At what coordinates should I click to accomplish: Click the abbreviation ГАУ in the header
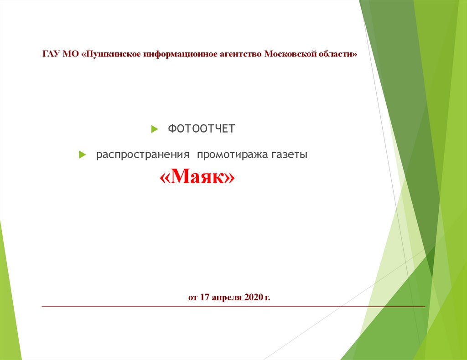coord(52,54)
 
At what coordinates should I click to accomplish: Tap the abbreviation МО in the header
coord(71,54)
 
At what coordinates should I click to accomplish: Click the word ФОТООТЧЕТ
coord(201,129)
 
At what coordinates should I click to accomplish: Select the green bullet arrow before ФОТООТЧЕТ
coord(155,129)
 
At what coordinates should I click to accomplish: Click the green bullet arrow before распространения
coord(83,155)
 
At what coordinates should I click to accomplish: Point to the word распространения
coord(143,155)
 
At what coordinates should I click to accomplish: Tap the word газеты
coord(289,155)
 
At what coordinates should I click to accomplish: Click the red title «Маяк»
coord(197,176)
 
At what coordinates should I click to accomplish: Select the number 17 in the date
coord(204,297)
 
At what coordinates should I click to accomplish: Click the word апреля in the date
coord(227,298)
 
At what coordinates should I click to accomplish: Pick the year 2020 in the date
coord(254,297)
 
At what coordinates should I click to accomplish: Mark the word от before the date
coord(193,297)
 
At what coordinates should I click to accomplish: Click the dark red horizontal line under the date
coord(233,306)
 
